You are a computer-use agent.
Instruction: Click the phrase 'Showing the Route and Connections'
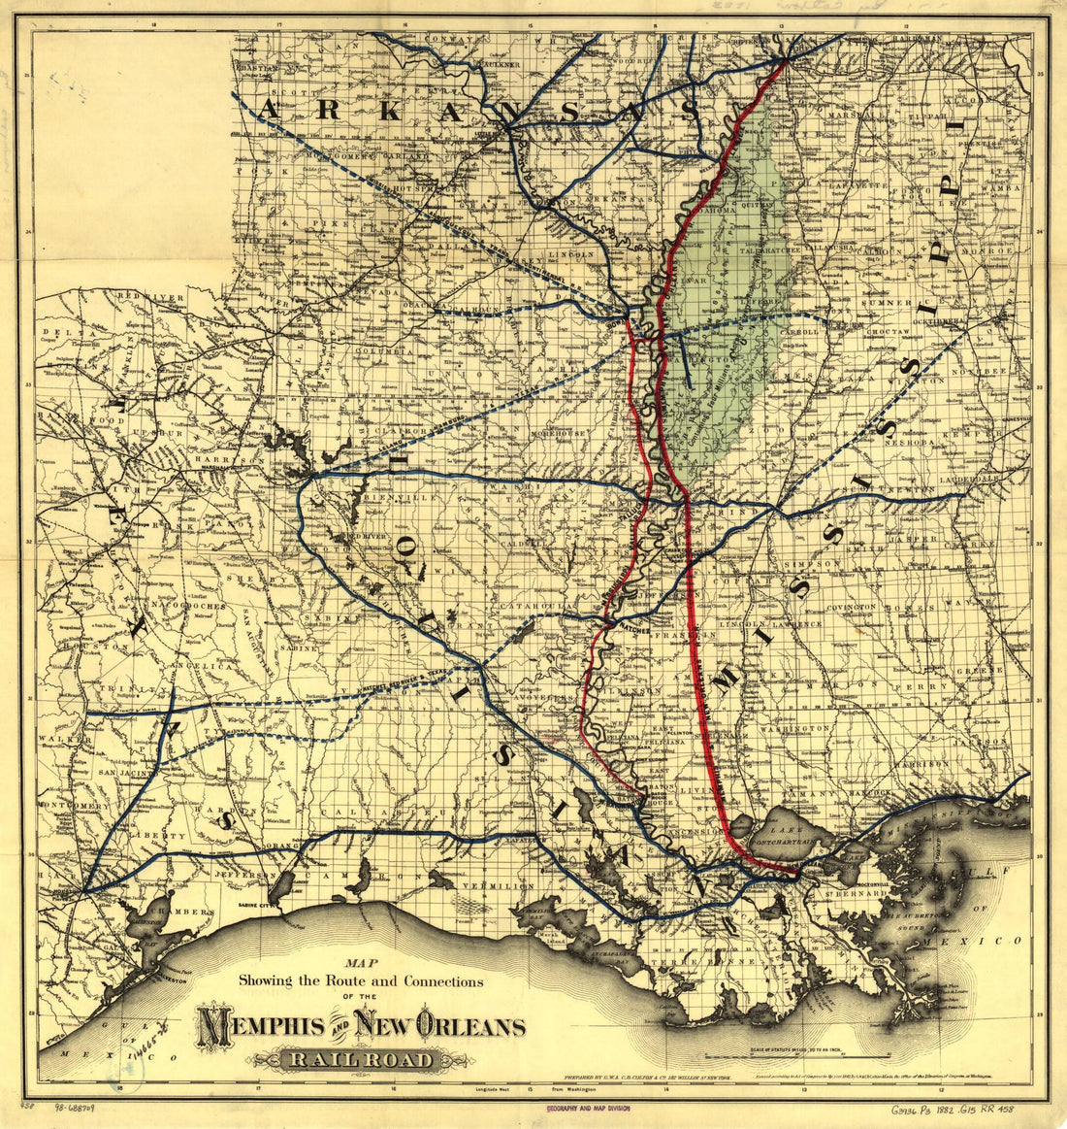361,981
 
